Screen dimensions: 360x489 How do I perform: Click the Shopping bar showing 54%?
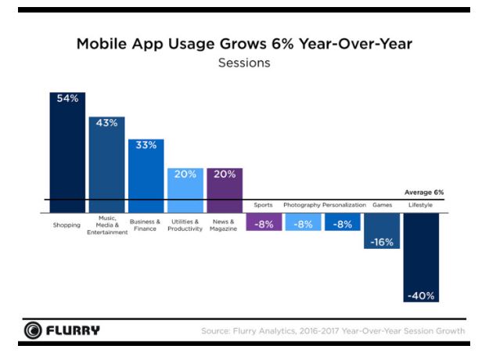point(67,153)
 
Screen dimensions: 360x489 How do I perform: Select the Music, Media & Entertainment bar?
point(106,164)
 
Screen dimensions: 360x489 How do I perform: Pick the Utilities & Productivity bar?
point(185,190)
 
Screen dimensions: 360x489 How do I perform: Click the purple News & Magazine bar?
point(224,190)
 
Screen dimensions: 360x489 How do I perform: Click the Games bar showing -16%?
point(381,231)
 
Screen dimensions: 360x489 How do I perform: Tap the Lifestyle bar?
point(420,258)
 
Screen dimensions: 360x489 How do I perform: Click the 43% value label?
point(106,123)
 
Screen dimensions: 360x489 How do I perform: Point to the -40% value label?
point(420,296)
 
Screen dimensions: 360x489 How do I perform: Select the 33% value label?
point(146,145)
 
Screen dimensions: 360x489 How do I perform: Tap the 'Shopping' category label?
point(67,224)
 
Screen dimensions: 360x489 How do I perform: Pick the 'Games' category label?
point(381,205)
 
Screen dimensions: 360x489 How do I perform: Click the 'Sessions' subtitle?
point(244,63)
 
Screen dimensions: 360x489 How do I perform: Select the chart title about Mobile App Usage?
point(244,44)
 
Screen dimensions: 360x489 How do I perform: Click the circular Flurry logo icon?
point(33,330)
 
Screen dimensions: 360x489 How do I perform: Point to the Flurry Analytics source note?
point(333,331)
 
